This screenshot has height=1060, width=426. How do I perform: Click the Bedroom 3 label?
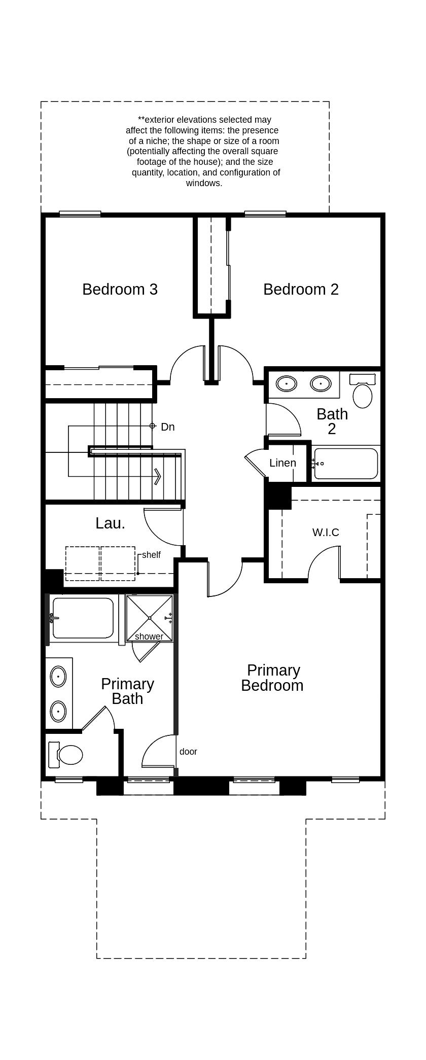pos(120,289)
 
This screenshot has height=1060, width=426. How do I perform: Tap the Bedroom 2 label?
pos(301,289)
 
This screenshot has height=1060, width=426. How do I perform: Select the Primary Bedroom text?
pos(272,678)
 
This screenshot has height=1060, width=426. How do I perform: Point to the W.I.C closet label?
pos(326,532)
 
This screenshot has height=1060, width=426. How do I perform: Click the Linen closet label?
pos(282,463)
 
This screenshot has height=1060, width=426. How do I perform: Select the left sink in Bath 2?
pos(287,384)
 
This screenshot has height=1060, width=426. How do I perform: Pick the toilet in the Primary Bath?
pos(65,754)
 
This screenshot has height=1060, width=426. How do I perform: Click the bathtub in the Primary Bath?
pos(83,618)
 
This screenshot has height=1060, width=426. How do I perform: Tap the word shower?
pos(149,637)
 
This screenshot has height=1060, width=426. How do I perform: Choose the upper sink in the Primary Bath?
pos(58,677)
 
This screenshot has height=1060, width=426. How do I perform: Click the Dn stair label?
pos(168,427)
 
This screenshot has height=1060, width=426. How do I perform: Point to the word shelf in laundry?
pos(151,555)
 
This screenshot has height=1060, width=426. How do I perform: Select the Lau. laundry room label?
pos(110,523)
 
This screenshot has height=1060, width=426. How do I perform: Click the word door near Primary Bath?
pos(188,752)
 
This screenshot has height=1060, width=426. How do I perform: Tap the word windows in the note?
pos(204,183)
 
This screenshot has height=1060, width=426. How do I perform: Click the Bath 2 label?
pos(332,421)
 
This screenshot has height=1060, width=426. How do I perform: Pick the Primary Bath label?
pos(127,691)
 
